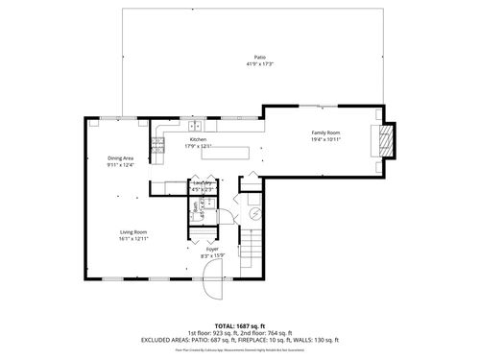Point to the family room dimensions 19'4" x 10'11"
(x=325, y=139)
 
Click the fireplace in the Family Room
(x=384, y=140)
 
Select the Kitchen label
(x=199, y=139)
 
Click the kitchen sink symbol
(x=195, y=125)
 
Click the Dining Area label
(x=121, y=157)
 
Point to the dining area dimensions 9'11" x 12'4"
(x=121, y=165)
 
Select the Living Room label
(x=132, y=231)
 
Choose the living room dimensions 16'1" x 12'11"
(x=132, y=239)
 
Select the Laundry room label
(x=203, y=182)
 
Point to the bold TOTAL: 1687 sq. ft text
(x=240, y=325)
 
